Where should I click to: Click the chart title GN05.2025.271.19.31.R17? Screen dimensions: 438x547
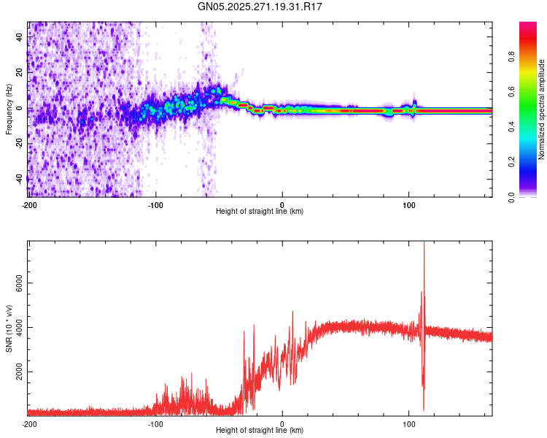(x=260, y=7)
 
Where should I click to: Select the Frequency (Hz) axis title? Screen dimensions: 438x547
(x=9, y=109)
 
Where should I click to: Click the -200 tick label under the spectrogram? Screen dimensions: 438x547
(x=29, y=204)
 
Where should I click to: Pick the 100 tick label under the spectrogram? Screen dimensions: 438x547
(x=409, y=204)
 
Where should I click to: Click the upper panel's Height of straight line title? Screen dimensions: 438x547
(x=260, y=212)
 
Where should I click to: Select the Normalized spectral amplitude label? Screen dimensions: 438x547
(x=542, y=109)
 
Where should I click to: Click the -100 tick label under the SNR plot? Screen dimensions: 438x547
(x=155, y=424)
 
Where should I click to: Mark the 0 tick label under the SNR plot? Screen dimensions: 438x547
(x=282, y=424)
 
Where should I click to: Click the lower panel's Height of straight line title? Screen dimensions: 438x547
(x=260, y=431)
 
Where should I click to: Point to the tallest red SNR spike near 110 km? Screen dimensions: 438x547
(x=424, y=245)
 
